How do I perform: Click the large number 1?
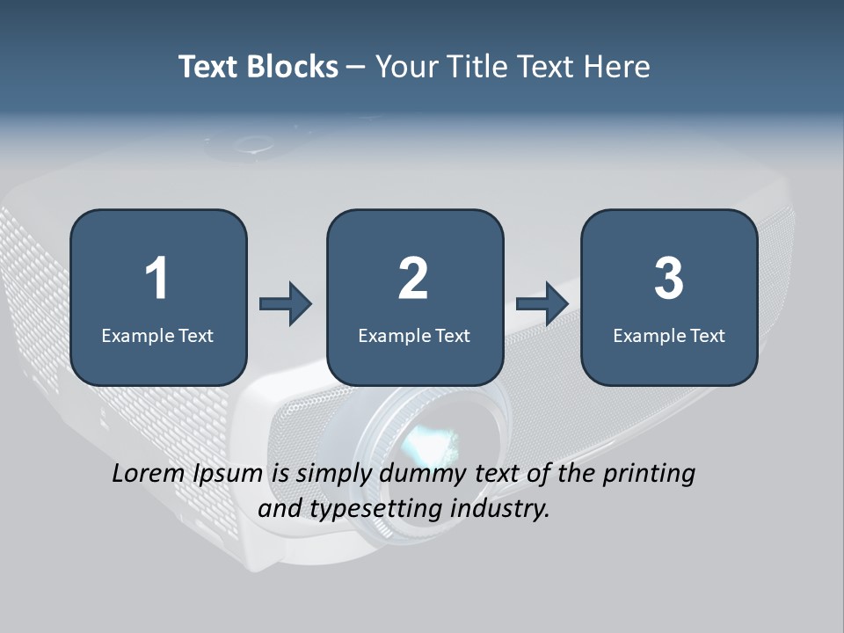point(156,279)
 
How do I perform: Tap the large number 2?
point(413,279)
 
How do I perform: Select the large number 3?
point(669,279)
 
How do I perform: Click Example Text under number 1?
point(157,335)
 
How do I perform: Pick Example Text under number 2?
point(414,335)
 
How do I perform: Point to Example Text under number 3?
point(669,335)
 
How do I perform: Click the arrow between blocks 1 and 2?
point(286,304)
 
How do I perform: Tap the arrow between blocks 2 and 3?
point(542,304)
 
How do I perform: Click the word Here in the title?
point(615,67)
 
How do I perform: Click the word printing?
point(649,475)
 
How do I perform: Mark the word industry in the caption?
point(498,509)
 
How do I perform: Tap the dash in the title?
point(356,68)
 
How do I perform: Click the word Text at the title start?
point(208,67)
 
